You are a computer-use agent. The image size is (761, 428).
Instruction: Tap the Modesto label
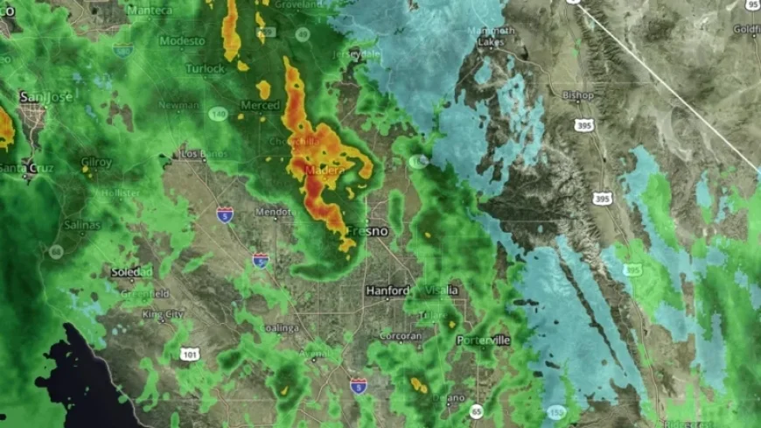(182, 41)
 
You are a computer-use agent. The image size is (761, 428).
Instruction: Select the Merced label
(260, 105)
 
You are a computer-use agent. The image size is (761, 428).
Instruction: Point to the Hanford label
(387, 291)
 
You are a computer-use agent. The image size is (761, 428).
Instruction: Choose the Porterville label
(482, 338)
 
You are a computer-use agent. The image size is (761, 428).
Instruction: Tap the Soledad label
(132, 272)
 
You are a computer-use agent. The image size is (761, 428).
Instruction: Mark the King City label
(163, 314)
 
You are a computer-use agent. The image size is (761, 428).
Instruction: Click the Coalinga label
(280, 328)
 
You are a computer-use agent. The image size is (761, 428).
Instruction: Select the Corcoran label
(401, 336)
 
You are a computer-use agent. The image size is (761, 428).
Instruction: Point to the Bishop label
(578, 95)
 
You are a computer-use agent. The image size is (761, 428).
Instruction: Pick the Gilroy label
(96, 162)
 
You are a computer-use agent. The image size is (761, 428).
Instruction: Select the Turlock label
(205, 68)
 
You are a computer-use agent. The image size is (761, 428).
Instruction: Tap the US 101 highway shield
(189, 354)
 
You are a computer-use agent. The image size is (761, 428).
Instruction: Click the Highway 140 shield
(218, 114)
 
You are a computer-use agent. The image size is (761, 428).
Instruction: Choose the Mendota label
(272, 212)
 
